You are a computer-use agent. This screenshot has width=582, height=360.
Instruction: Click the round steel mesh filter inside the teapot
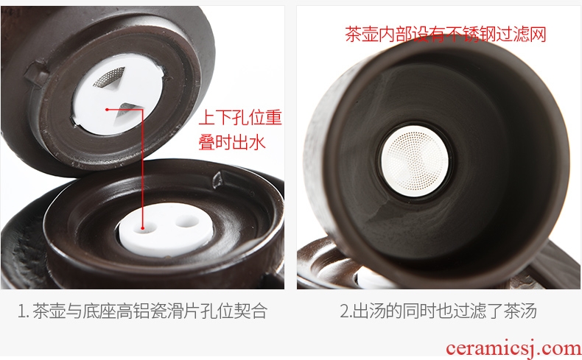pos(415,161)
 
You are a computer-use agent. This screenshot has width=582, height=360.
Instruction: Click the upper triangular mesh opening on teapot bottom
pos(111,77)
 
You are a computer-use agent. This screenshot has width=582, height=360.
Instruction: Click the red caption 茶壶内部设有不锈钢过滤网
pos(446,34)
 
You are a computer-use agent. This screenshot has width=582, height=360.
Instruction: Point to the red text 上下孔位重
pos(240,118)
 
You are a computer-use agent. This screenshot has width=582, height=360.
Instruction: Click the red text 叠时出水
pos(232,142)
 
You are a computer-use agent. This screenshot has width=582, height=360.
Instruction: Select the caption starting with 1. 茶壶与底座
pos(142,311)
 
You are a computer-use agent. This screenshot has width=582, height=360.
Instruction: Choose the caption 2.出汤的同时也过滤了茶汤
pos(438,311)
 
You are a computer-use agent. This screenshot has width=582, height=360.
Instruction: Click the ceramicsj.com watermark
pos(513,348)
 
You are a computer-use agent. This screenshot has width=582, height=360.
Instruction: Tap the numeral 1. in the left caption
pos(24,311)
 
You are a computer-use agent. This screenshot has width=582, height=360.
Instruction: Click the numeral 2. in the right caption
pos(346,311)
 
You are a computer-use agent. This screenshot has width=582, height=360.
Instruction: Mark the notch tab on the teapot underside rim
pos(36,74)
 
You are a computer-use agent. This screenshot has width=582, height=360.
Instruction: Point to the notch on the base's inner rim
pos(219,179)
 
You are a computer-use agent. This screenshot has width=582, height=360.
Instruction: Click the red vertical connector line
pos(142,169)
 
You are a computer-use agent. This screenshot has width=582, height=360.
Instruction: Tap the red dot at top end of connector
pos(107,110)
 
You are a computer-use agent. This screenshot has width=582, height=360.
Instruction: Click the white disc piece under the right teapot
pos(371,279)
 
